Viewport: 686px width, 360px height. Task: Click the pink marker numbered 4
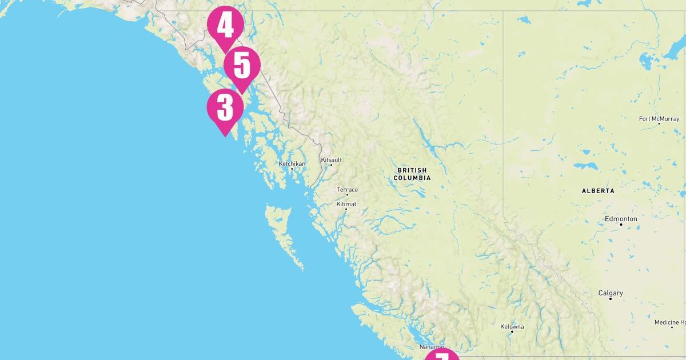[225, 25]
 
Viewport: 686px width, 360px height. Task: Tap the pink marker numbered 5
[242, 66]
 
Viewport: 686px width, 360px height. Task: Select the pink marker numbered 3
[225, 107]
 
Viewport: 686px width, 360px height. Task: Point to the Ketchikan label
[292, 163]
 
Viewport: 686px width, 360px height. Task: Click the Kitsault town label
[332, 160]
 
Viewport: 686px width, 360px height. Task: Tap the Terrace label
[347, 190]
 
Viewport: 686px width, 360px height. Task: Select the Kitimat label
[346, 204]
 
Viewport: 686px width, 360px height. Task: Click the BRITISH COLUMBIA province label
[412, 174]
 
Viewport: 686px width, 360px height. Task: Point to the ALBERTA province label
[598, 191]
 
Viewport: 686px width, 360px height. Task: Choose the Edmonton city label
[621, 219]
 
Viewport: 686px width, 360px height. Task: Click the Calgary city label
[611, 293]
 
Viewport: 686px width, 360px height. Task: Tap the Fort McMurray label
[658, 119]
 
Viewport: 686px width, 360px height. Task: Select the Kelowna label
[512, 327]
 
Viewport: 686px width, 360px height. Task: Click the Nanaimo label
[431, 347]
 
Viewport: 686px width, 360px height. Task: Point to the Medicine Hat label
[670, 323]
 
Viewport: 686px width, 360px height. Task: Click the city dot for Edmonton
[621, 225]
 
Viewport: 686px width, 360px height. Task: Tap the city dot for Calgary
[611, 299]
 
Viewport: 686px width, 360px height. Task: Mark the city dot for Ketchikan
[292, 169]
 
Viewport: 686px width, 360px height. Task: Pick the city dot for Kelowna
[512, 332]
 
